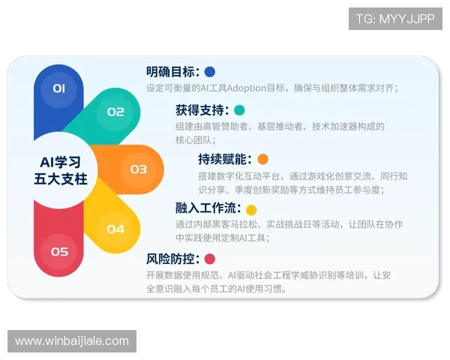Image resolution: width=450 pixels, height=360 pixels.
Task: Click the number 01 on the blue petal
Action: [59, 88]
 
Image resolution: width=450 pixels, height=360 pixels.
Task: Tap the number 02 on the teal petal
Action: [115, 112]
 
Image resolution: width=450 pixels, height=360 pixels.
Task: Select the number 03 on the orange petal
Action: [139, 169]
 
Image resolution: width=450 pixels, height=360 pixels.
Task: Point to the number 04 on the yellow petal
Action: [115, 229]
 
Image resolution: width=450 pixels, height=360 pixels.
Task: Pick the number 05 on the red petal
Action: [59, 252]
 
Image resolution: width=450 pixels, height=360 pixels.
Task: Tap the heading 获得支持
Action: [199, 110]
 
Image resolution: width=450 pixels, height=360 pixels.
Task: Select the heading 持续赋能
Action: [223, 159]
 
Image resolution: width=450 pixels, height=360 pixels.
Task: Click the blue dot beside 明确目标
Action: [210, 72]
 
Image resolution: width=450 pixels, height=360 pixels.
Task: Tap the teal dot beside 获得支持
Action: [239, 110]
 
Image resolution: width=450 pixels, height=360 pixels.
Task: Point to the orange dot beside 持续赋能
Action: [262, 159]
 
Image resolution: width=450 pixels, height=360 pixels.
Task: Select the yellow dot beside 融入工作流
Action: [251, 210]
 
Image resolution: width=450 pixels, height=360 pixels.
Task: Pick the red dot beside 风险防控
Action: [210, 259]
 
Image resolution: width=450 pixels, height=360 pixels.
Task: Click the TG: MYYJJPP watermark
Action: [394, 19]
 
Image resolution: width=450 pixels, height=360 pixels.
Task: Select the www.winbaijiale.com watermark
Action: [72, 341]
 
